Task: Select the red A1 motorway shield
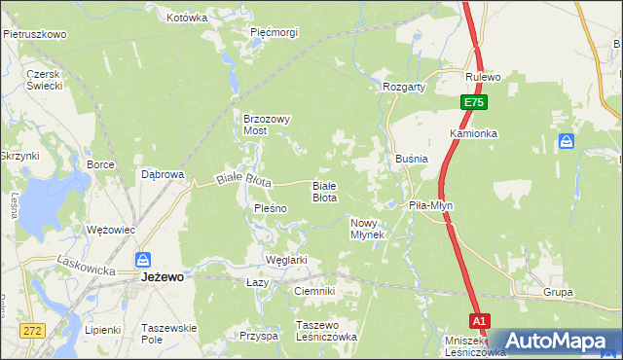click(478, 320)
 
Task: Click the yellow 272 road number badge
click(33, 331)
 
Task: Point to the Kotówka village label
click(187, 18)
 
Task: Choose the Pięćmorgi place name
click(274, 32)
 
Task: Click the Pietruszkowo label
click(34, 34)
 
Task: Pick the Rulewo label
click(483, 77)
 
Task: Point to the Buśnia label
click(413, 158)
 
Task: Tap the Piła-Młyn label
click(431, 206)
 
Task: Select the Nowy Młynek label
click(368, 229)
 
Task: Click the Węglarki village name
click(286, 260)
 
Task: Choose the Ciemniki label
click(314, 291)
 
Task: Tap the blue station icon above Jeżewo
click(142, 260)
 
